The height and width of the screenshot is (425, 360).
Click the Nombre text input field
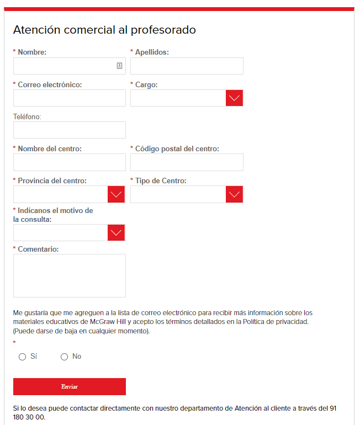[x=63, y=66]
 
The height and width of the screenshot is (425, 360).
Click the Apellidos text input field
[x=187, y=66]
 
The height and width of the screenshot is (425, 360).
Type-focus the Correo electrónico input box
[x=70, y=98]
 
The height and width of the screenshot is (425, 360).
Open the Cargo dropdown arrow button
[x=235, y=98]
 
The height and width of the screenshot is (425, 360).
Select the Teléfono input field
[x=70, y=130]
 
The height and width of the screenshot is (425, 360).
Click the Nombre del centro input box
[x=70, y=162]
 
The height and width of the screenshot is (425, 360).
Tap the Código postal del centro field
[x=187, y=162]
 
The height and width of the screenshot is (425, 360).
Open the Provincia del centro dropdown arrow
[x=117, y=194]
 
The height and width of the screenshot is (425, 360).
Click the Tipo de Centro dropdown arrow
[x=235, y=194]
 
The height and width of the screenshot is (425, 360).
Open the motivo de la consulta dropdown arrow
[x=117, y=233]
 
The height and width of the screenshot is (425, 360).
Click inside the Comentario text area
[x=70, y=275]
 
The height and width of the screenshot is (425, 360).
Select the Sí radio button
[x=23, y=357]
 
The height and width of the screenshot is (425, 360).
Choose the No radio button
[x=65, y=357]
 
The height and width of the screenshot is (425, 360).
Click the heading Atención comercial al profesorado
[x=104, y=30]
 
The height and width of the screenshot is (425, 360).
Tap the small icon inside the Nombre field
[x=119, y=66]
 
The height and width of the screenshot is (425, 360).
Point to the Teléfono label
[x=27, y=116]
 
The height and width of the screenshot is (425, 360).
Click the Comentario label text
[x=38, y=249]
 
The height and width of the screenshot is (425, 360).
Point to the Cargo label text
[x=146, y=84]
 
